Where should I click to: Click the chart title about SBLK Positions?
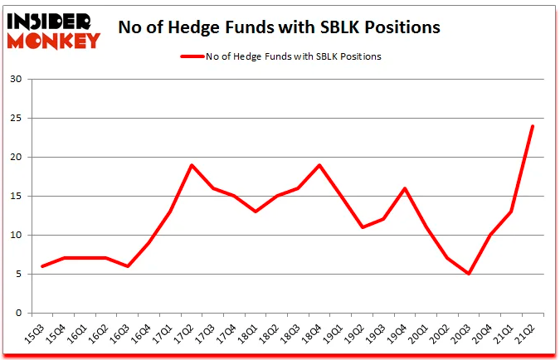[279, 27]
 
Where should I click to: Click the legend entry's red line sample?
[192, 57]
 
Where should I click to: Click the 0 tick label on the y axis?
[17, 314]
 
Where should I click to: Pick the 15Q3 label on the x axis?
[35, 331]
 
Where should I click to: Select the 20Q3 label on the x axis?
[465, 331]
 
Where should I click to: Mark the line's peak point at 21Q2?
[532, 126]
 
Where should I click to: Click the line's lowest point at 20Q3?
[468, 274]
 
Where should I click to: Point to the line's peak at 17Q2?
[192, 165]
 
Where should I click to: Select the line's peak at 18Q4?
[319, 165]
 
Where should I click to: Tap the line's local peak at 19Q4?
[404, 188]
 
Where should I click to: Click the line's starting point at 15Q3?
[42, 266]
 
